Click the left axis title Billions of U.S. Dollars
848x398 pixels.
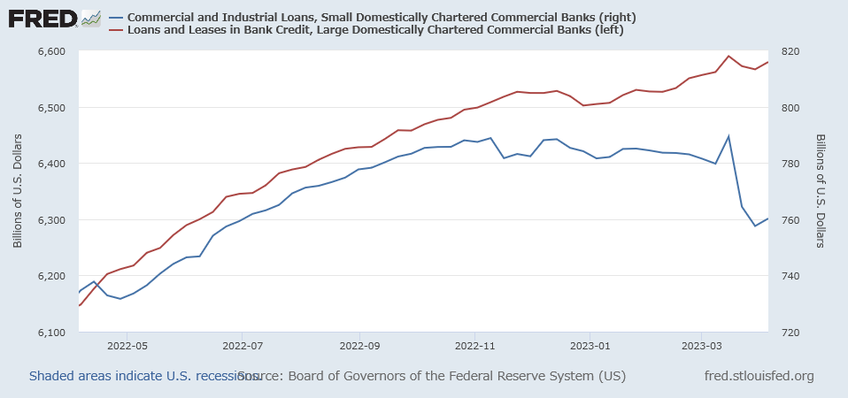coord(18,192)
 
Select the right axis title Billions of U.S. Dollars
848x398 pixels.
coord(821,192)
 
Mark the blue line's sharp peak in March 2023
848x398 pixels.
coord(729,136)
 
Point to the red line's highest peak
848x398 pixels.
coord(729,56)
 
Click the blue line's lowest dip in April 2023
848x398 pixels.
coord(755,226)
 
